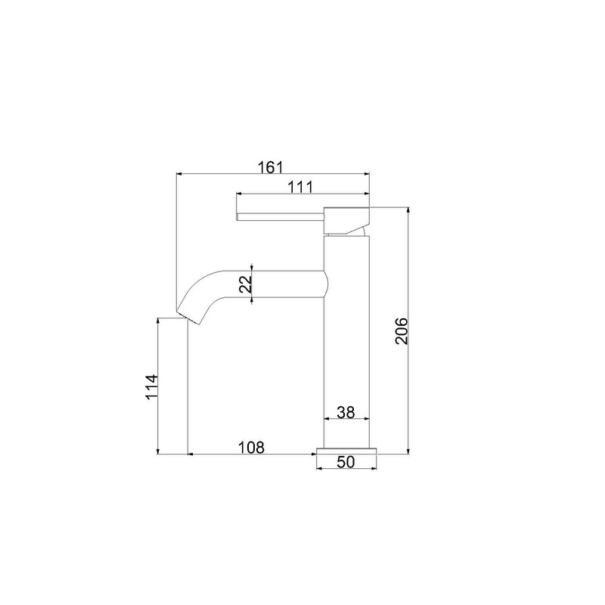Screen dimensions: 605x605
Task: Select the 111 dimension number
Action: pos(301,185)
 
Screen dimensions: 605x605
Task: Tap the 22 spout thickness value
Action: pos(244,284)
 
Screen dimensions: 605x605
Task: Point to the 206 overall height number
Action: pos(401,330)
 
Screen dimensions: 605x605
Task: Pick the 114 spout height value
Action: pos(151,387)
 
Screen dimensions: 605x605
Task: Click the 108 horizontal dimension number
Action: pos(251,447)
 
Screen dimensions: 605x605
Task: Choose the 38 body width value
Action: pos(346,412)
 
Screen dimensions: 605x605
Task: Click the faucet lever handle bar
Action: pos(280,218)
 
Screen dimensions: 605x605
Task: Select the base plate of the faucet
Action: pos(346,451)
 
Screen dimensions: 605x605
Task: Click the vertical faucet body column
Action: pos(346,348)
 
